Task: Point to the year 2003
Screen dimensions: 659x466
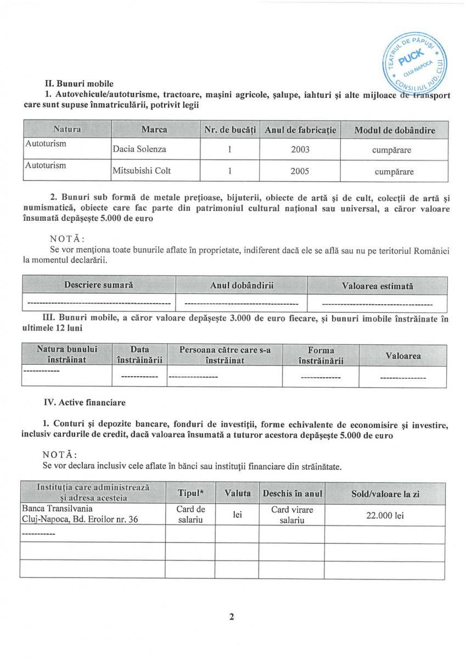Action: click(300, 149)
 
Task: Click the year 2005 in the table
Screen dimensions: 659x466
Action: click(300, 171)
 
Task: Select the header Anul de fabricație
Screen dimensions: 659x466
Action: click(300, 130)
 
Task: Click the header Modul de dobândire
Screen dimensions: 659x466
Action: click(395, 130)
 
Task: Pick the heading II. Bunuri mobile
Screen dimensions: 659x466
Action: click(79, 84)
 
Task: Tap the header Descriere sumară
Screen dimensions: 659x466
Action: click(99, 286)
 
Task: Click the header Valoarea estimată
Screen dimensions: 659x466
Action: click(377, 286)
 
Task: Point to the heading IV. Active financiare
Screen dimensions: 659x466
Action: click(85, 403)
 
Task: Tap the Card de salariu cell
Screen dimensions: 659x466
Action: click(190, 515)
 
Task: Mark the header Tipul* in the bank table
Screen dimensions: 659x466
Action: click(190, 494)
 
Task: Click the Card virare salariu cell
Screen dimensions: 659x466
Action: click(292, 515)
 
